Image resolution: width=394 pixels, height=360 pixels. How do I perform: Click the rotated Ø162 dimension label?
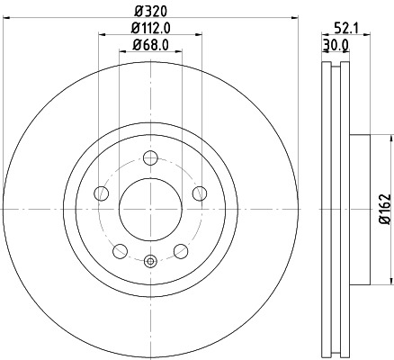point(384,208)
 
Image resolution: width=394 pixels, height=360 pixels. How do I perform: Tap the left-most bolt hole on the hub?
point(102,193)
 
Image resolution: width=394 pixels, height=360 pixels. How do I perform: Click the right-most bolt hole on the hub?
point(200,193)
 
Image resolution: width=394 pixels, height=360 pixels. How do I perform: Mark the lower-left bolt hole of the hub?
point(120,249)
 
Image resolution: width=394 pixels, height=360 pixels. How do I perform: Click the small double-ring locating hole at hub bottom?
point(150,262)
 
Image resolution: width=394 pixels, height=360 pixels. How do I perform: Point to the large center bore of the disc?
point(150,208)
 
